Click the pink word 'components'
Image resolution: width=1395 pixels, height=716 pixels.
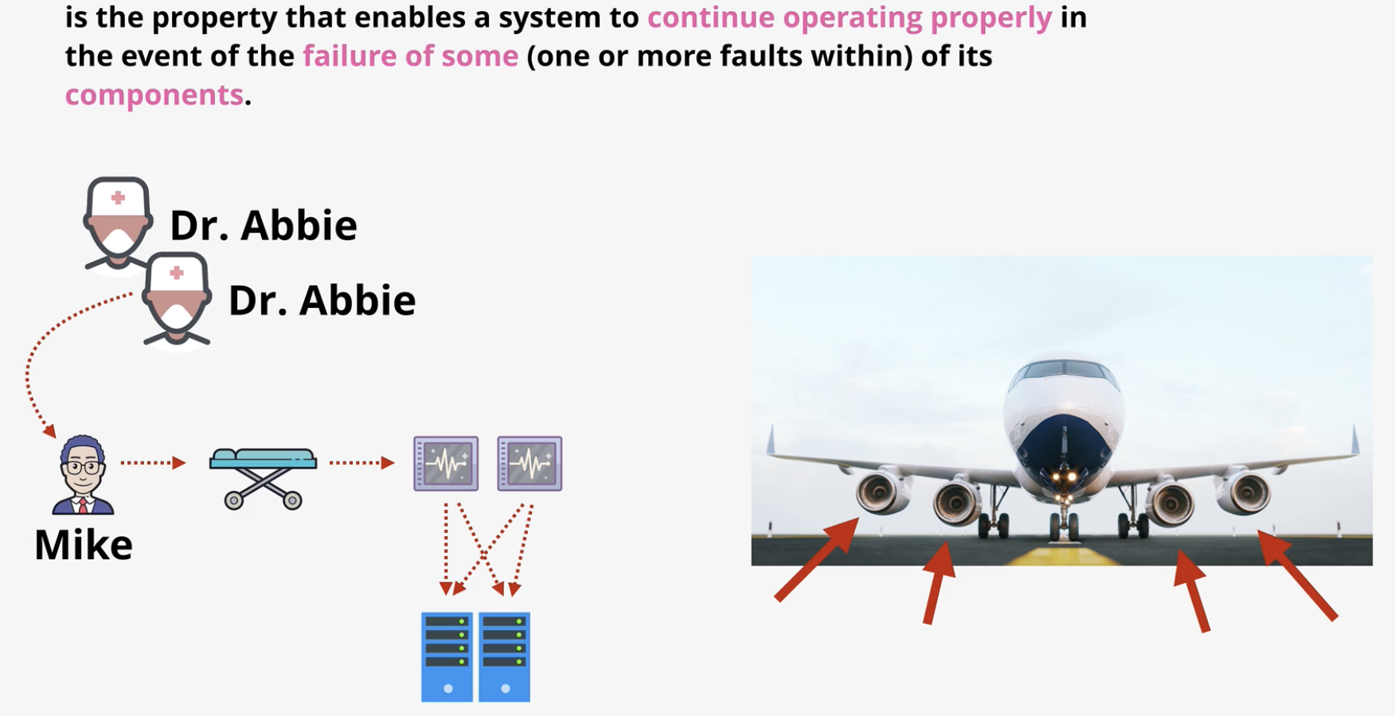coord(154,95)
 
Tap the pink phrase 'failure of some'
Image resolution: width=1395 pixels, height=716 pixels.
coord(410,56)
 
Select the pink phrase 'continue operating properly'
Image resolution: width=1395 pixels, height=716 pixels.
coord(850,18)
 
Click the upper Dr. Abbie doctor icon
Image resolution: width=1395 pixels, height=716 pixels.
coord(118,224)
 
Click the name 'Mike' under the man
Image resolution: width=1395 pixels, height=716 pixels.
coord(84,545)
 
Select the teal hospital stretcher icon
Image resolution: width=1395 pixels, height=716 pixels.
coord(263,478)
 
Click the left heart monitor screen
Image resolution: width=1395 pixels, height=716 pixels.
coord(446,463)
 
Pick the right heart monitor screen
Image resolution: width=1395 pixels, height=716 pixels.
coord(529,463)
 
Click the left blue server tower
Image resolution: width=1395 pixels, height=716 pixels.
coord(447,657)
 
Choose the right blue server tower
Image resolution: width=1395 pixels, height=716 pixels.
coord(505,657)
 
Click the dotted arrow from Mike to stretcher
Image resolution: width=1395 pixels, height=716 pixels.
coord(153,462)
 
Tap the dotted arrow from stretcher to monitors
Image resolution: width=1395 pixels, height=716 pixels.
coord(362,462)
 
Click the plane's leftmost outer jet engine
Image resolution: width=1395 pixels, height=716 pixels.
coord(882,492)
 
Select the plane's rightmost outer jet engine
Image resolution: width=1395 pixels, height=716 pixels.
coord(1243,492)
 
